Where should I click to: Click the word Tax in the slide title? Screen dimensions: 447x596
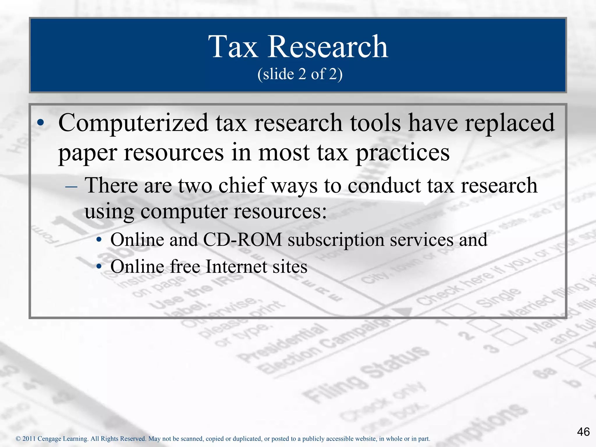pos(233,47)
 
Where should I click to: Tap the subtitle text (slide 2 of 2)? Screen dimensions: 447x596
pos(300,74)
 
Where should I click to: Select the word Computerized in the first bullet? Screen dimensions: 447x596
pos(133,123)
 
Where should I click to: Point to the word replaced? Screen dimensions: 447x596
pos(510,123)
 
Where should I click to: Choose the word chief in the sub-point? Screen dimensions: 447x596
pos(242,185)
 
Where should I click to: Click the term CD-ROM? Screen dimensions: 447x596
pos(242,240)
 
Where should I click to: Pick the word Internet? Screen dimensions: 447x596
pos(236,267)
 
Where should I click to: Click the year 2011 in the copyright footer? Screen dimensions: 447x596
pos(29,439)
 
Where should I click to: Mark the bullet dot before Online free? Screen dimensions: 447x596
pos(99,267)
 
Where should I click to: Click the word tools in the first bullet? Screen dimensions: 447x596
pos(375,123)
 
